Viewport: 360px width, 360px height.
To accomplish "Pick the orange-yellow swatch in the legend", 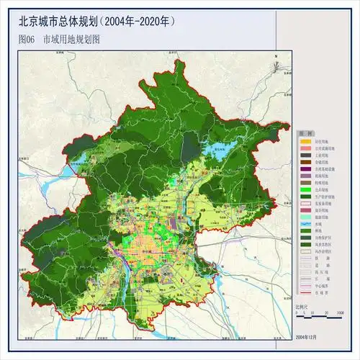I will coord(305,142).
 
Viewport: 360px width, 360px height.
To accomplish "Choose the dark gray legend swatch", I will coord(305,156).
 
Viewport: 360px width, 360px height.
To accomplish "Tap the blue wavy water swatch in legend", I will coord(305,225).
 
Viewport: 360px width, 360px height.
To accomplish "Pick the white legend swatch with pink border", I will coord(305,204).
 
